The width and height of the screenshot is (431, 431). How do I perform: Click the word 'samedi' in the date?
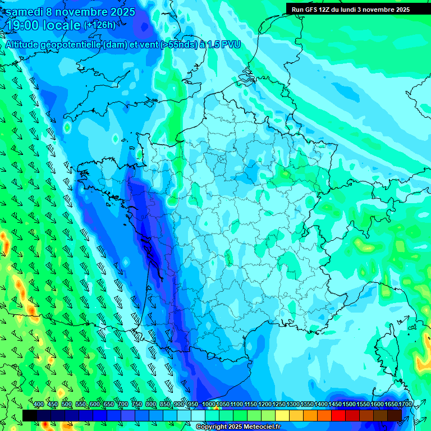pyautogui.click(x=24, y=12)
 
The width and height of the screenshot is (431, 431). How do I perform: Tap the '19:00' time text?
pyautogui.click(x=22, y=25)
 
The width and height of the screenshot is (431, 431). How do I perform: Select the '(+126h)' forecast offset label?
pyautogui.click(x=99, y=25)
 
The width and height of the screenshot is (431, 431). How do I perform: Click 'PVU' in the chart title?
pyautogui.click(x=230, y=45)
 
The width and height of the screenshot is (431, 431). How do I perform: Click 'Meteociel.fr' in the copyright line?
pyautogui.click(x=254, y=427)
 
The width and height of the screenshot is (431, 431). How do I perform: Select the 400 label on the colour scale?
pyautogui.click(x=39, y=405)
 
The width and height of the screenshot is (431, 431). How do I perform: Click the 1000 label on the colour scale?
pyautogui.click(x=209, y=405)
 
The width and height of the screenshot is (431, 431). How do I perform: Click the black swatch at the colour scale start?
pyautogui.click(x=30, y=415)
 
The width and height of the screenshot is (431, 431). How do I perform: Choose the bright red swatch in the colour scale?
pyautogui.click(x=338, y=415)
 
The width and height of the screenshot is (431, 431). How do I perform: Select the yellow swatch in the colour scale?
pyautogui.click(x=282, y=415)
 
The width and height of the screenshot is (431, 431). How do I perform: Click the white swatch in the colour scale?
pyautogui.click(x=198, y=415)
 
